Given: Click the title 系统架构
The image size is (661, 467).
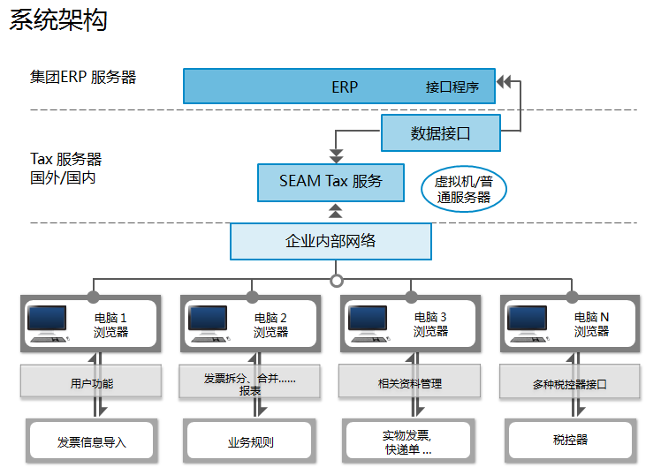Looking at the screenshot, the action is coord(58,19).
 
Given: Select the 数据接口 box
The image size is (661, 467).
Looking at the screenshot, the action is coord(441,133).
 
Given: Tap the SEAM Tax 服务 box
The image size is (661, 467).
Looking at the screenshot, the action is coord(330,183).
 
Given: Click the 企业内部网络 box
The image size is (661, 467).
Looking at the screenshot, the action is coord(330,241).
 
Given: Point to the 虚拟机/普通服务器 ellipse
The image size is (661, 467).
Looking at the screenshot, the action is coord(464,189).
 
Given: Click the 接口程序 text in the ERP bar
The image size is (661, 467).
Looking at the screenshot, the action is coord(452,87).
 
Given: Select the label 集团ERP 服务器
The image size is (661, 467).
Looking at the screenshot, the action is coord(83,77).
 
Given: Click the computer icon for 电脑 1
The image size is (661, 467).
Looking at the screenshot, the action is coord(47,323).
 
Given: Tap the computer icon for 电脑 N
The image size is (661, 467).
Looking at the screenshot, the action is coord(528,323).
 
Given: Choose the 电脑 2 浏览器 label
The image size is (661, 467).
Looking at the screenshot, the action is coord(270,325).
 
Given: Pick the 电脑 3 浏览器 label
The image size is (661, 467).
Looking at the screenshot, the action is coord(430,324).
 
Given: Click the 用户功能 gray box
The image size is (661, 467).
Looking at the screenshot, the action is coord(91,381).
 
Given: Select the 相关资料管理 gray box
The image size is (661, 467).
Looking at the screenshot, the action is coord(410,381).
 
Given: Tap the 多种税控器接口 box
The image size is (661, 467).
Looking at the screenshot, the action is coord(569,382).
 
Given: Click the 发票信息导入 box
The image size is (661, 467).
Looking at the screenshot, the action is coord(92,441).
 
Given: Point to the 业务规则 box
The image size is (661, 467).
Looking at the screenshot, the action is coord(250,441).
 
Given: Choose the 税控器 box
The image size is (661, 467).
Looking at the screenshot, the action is coord(570,441).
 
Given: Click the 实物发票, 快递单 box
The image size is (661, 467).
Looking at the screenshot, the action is coord(408,441).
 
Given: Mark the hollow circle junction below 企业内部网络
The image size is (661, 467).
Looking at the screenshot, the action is coord(336,281).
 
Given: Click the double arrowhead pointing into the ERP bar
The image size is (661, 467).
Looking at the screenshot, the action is coord(504,81).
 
